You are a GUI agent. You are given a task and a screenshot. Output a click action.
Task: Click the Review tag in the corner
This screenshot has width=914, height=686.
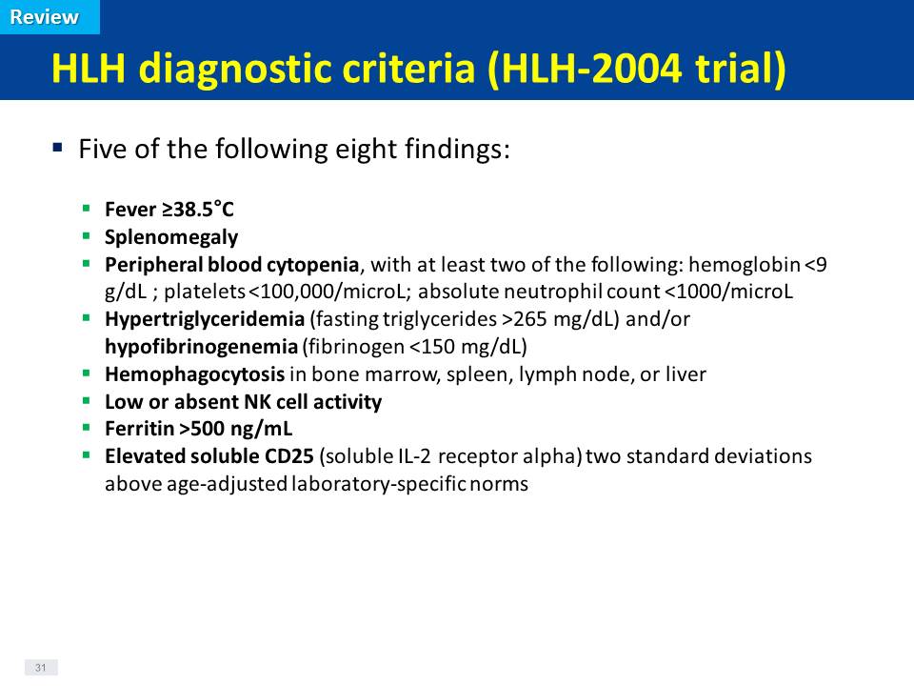(x=45, y=17)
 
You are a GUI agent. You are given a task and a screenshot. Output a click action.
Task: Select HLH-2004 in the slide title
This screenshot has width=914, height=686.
(x=591, y=68)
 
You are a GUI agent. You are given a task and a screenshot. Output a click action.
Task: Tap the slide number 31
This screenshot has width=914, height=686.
(x=40, y=667)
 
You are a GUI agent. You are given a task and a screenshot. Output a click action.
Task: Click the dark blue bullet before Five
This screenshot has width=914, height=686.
(x=57, y=147)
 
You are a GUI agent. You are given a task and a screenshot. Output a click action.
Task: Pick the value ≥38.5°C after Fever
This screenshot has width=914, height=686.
(x=198, y=209)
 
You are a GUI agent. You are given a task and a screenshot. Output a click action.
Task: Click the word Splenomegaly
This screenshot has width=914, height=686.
(x=171, y=237)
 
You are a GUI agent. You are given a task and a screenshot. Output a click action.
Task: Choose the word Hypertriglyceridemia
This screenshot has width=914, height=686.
(x=205, y=319)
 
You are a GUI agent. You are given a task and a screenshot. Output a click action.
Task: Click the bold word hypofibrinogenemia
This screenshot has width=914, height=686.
(x=201, y=347)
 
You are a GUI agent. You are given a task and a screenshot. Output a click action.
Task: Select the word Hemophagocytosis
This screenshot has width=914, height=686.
(x=194, y=373)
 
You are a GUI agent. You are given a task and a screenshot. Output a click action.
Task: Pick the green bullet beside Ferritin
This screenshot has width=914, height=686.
(x=87, y=428)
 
